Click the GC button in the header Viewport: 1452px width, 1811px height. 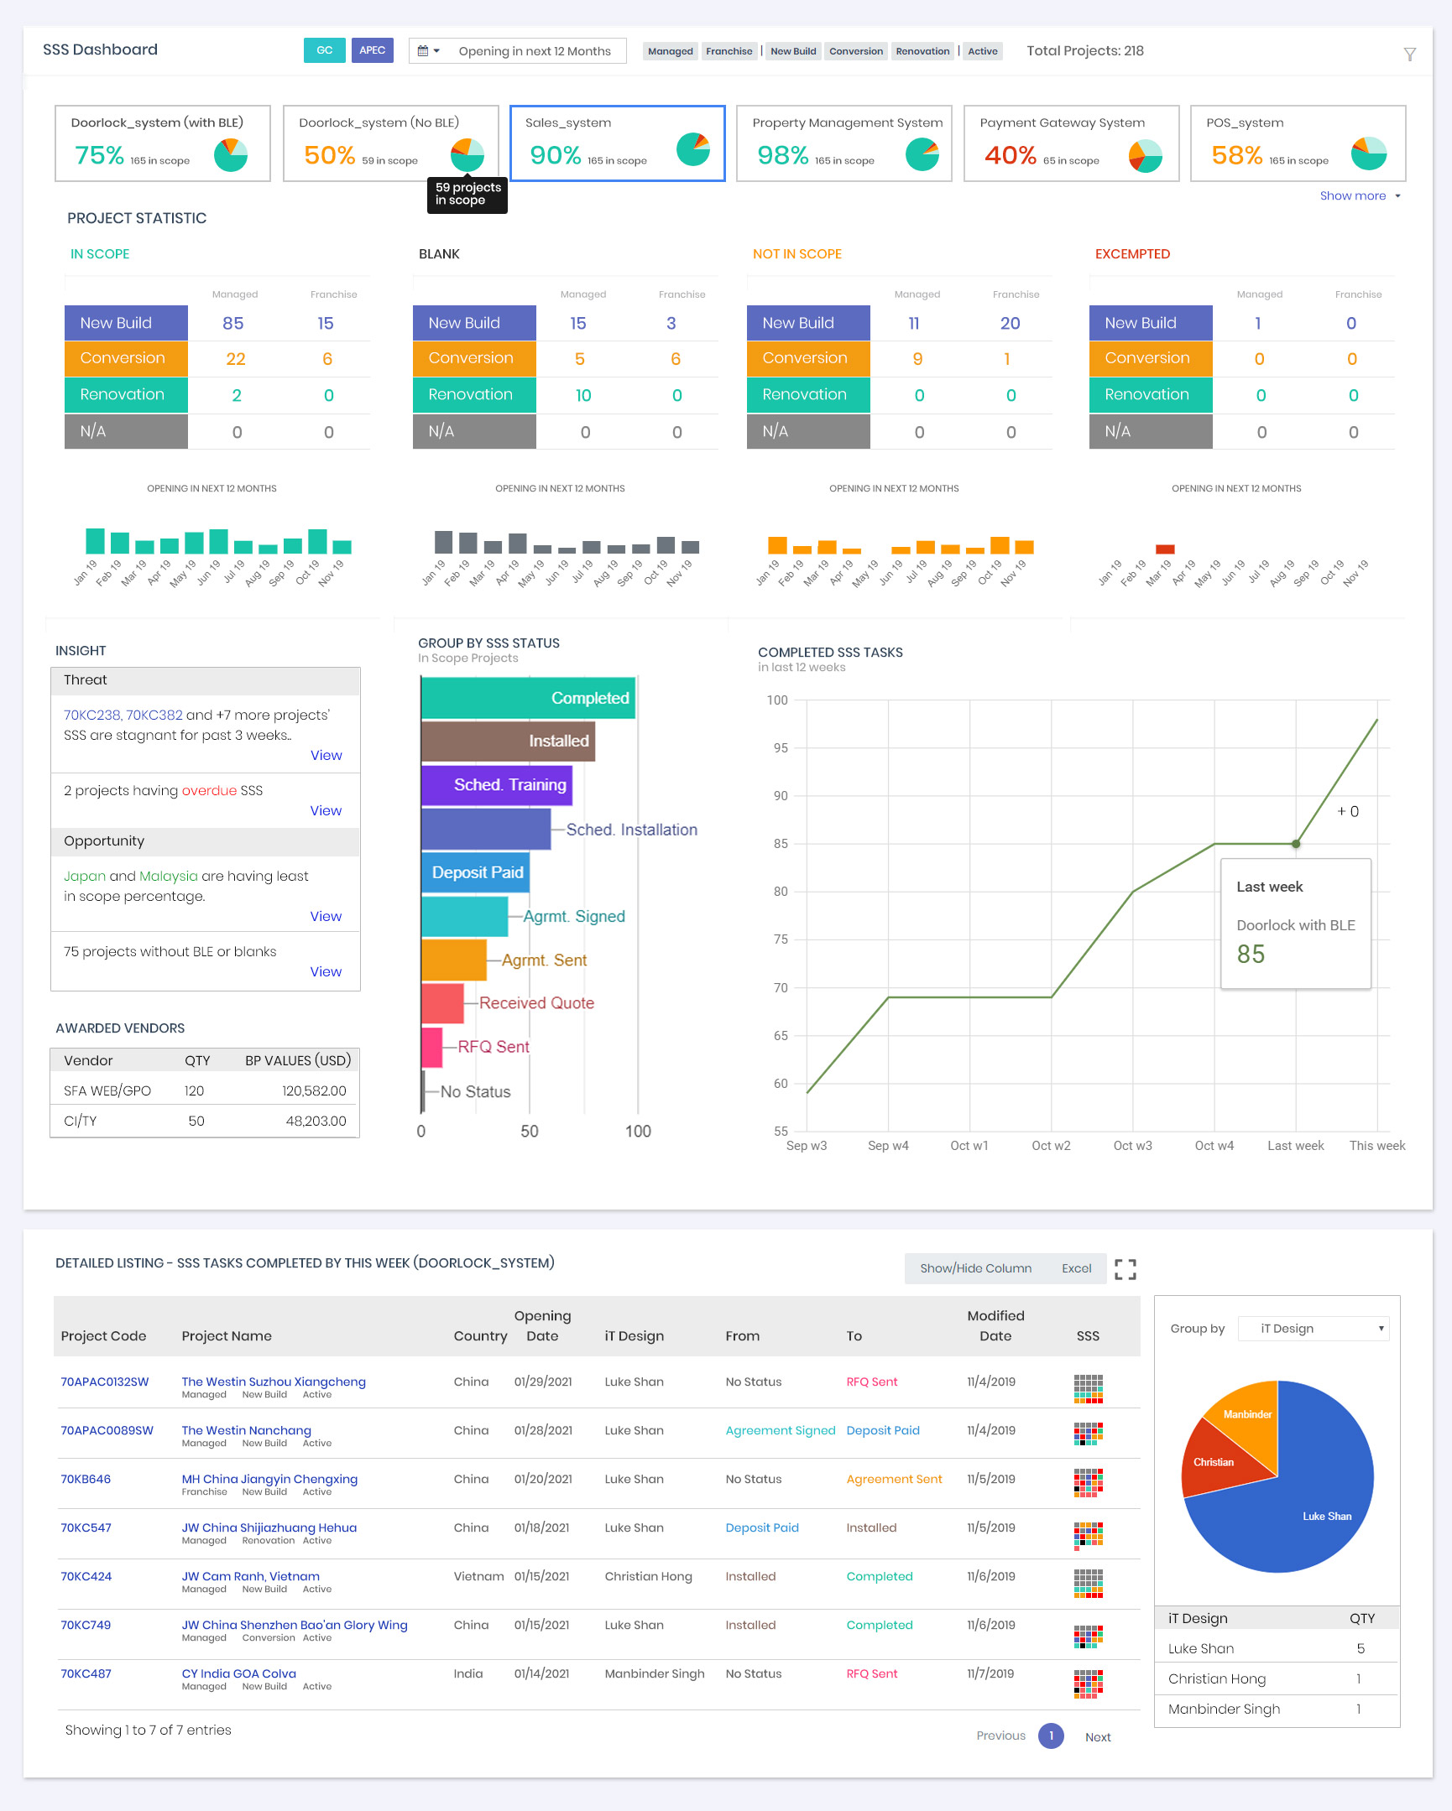[324, 50]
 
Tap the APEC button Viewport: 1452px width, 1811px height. [373, 50]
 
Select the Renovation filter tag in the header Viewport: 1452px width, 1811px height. [922, 51]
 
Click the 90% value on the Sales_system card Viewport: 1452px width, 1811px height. [555, 155]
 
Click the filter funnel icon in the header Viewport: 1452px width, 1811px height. [1409, 55]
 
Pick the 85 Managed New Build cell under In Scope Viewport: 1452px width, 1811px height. [232, 324]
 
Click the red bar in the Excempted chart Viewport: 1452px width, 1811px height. [1165, 549]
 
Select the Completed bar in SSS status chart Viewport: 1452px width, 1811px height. [528, 698]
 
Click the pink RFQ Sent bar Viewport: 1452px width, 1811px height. [432, 1047]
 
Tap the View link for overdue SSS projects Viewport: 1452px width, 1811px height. [325, 810]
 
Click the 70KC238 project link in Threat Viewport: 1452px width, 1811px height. [91, 715]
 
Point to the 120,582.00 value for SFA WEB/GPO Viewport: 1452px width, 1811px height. [313, 1090]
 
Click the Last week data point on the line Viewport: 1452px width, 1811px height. [1296, 843]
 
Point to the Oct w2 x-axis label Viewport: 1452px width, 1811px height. [1050, 1146]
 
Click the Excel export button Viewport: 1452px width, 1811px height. [1075, 1268]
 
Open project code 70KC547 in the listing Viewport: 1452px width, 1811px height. [86, 1528]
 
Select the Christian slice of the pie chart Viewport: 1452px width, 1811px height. [1216, 1463]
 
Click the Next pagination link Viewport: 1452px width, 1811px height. [1098, 1737]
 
